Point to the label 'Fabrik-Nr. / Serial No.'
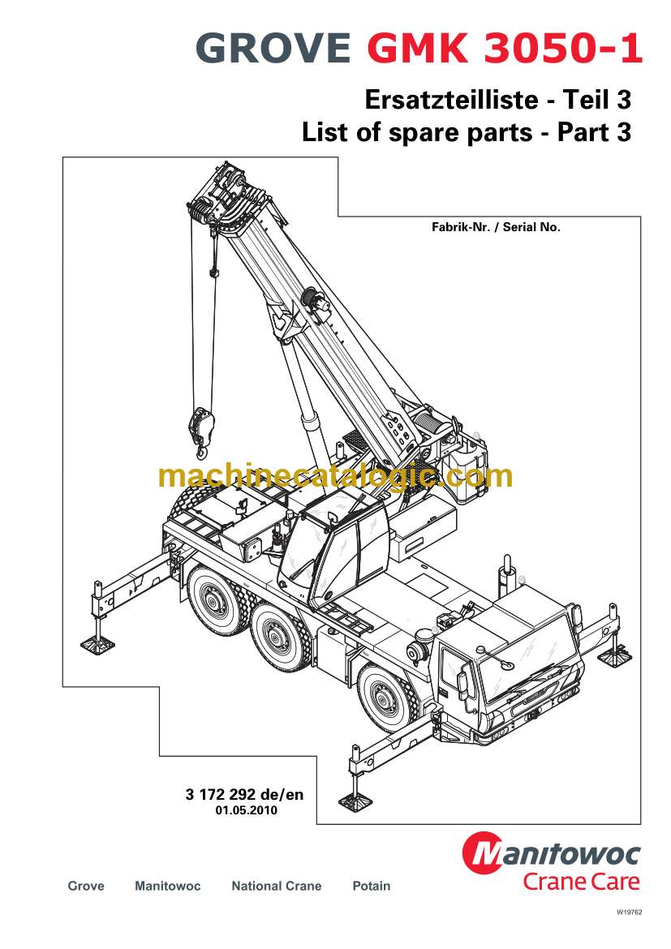click(496, 228)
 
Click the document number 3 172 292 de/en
click(244, 795)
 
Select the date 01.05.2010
click(244, 810)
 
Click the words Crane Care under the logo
click(581, 882)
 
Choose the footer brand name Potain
click(371, 887)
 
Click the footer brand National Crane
click(276, 887)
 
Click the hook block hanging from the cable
click(200, 426)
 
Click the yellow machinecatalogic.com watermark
click(336, 476)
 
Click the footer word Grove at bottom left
click(86, 887)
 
